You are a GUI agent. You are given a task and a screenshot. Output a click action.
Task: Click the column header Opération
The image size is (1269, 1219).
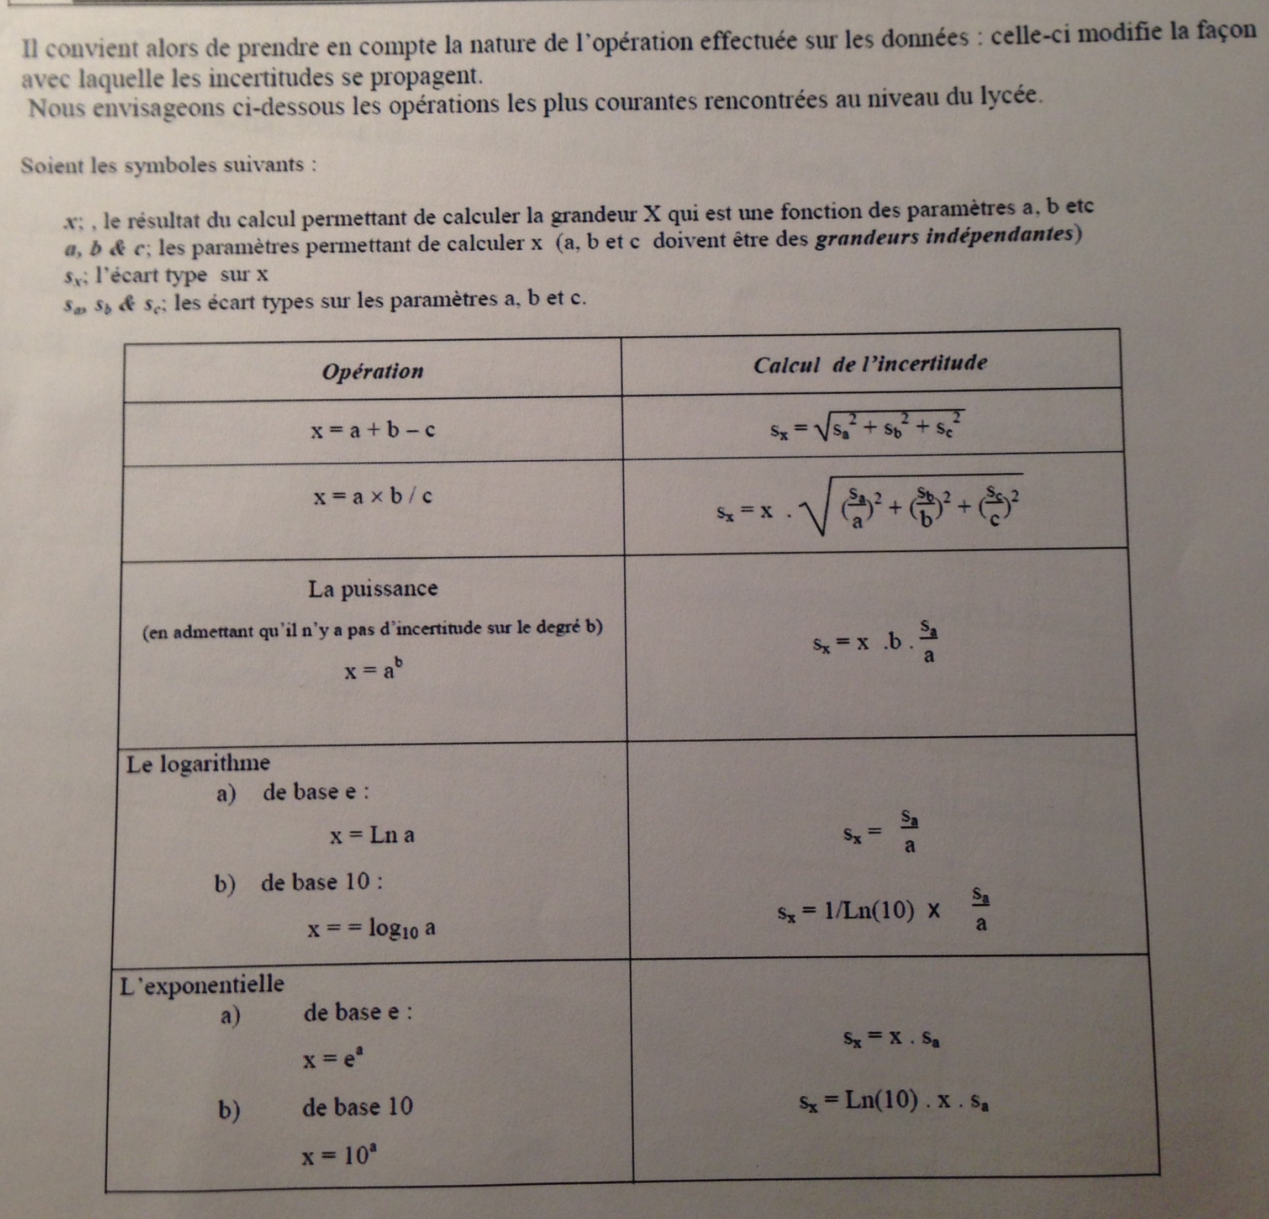pos(372,371)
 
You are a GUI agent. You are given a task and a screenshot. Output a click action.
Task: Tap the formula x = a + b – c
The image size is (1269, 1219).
pos(372,430)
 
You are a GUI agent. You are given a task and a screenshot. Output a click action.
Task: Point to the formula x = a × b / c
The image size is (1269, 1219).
pos(373,497)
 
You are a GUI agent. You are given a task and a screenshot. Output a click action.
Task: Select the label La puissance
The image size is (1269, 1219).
pos(373,588)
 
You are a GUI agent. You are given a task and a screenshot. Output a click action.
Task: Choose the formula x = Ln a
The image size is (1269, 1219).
pos(372,835)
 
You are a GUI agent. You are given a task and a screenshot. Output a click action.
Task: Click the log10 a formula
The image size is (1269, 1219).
pos(371,929)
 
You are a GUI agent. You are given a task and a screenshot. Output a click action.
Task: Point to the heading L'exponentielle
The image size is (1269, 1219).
pos(202,985)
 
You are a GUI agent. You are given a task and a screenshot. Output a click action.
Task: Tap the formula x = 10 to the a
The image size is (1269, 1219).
pos(340,1155)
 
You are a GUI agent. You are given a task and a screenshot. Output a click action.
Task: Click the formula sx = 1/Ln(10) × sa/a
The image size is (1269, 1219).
pos(885,911)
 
